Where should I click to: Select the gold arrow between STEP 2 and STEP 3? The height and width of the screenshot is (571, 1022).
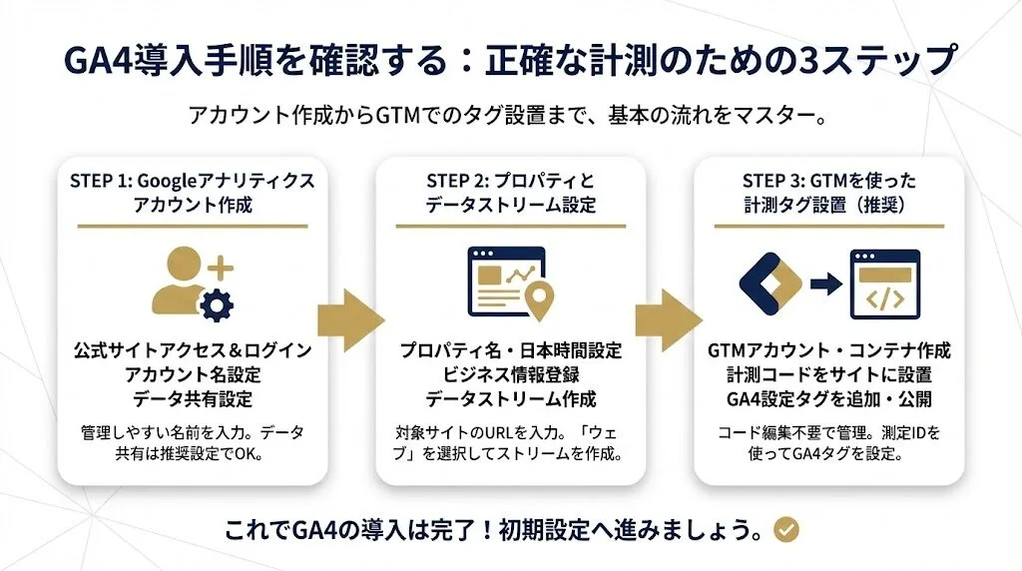(669, 321)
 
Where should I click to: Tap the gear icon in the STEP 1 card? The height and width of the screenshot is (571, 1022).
(213, 303)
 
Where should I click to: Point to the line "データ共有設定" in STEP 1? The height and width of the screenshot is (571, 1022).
(193, 399)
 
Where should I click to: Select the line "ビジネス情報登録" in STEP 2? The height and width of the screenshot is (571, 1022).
(510, 375)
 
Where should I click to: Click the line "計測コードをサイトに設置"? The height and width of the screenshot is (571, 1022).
(828, 375)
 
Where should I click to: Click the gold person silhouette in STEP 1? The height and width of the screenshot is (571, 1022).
(180, 283)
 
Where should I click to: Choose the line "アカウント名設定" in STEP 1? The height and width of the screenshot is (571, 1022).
(193, 375)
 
